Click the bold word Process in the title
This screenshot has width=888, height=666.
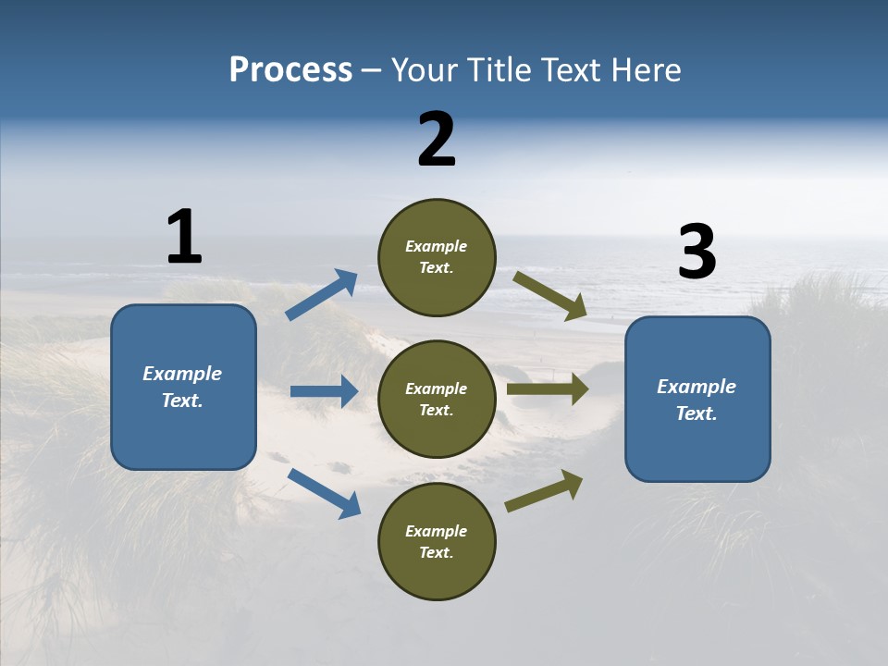290,70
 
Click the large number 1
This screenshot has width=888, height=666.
184,237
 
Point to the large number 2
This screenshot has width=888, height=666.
437,140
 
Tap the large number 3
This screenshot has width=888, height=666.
697,253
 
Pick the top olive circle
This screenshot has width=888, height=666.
437,257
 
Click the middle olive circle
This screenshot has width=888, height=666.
437,399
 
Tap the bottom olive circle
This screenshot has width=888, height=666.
437,541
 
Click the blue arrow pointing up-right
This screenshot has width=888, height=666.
322,295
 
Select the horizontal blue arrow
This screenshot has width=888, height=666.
324,391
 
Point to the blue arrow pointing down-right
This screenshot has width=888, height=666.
324,493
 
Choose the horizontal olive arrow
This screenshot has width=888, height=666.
548,388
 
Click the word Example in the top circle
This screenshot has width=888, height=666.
436,246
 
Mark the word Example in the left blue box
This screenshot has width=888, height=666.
182,374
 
